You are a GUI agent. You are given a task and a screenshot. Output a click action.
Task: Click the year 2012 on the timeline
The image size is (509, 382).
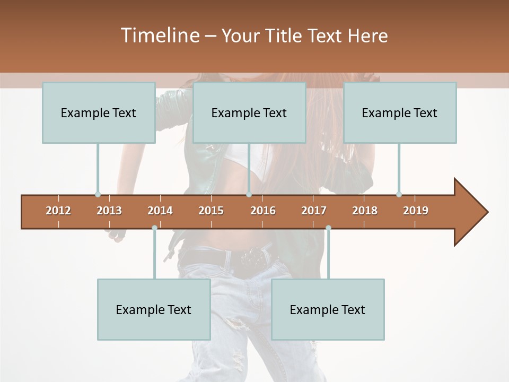(x=58, y=211)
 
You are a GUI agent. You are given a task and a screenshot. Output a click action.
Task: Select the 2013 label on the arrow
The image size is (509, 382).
(x=109, y=211)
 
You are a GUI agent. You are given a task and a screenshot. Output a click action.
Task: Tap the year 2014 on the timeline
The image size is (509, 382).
(x=160, y=211)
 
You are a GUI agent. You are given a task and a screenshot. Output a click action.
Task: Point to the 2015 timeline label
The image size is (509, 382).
(x=211, y=211)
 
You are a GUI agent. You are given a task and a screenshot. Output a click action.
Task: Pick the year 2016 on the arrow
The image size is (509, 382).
(x=263, y=211)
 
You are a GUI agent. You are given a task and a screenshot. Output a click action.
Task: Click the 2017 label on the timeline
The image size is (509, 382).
(x=314, y=211)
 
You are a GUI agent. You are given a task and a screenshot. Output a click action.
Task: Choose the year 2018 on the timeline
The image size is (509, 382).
(x=365, y=211)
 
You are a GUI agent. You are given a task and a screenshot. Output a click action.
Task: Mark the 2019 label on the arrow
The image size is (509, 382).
(x=416, y=211)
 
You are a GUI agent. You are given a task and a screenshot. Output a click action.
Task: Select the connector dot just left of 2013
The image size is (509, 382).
(x=98, y=195)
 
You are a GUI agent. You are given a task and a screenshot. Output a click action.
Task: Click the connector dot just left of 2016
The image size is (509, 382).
(x=249, y=195)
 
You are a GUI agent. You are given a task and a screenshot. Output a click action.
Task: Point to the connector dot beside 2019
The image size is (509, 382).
(x=399, y=195)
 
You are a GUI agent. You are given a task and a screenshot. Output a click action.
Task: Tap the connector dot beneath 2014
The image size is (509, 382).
(x=154, y=228)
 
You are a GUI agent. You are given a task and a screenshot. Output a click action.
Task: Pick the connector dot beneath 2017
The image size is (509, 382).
(x=328, y=228)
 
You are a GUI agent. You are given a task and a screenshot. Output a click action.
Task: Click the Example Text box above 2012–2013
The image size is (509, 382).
(x=99, y=112)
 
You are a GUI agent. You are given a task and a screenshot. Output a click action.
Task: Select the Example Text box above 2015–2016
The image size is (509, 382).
(x=249, y=112)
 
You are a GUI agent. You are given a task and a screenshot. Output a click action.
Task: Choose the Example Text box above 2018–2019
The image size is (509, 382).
(x=400, y=112)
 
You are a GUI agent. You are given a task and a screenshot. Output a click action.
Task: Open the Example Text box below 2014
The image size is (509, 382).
(x=154, y=309)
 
